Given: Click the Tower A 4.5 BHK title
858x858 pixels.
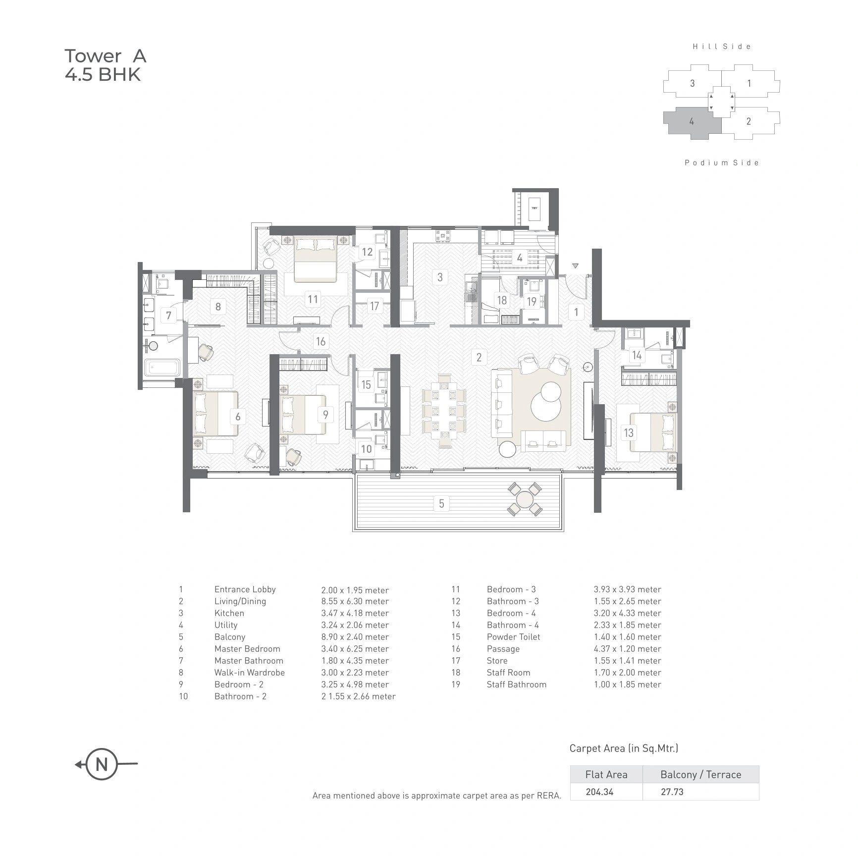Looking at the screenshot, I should [105, 65].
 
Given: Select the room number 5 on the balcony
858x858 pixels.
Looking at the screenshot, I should [441, 504].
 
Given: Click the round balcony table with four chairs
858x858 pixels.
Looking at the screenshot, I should [524, 499].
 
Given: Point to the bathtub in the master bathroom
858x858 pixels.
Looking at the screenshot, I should [161, 368].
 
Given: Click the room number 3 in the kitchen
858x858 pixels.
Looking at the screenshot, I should [439, 276].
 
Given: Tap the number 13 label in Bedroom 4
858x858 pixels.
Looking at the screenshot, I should [629, 432].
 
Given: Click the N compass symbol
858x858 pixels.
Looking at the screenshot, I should [102, 764].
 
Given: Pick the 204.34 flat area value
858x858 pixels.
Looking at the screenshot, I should [599, 792].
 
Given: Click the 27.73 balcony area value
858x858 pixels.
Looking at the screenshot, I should [672, 792].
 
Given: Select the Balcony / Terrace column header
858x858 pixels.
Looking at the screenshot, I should [700, 774].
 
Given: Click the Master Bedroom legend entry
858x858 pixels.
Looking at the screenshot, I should [247, 649].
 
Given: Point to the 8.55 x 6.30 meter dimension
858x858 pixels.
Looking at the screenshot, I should [355, 601].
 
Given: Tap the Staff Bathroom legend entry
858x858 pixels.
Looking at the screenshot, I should [516, 685].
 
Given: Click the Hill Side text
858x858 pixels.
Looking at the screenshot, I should [722, 47].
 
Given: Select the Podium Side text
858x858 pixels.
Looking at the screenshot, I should [722, 162].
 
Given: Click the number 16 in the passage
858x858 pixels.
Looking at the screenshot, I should [321, 341].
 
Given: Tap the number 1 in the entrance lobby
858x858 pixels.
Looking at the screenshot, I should [576, 312].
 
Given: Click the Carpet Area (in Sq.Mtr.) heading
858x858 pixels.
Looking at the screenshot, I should [624, 748].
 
